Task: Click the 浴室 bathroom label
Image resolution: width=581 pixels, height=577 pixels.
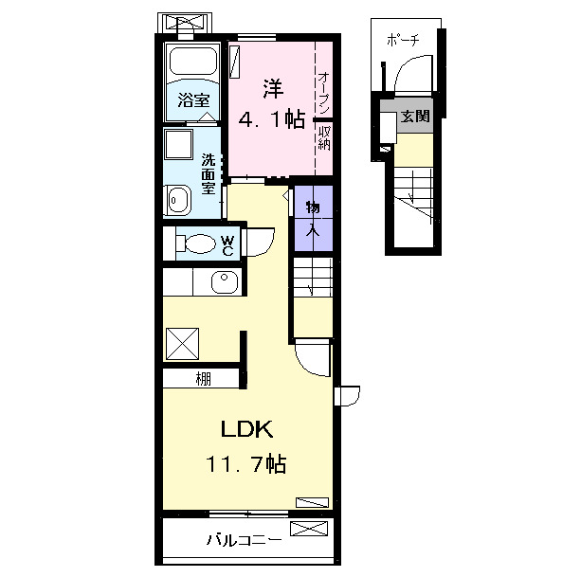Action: [193, 100]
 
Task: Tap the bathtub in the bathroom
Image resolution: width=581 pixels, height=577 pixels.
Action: [192, 61]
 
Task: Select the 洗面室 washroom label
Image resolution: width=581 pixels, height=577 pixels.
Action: [208, 173]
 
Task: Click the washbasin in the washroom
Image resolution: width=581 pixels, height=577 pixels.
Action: [178, 200]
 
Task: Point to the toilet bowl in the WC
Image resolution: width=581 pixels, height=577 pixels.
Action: [200, 243]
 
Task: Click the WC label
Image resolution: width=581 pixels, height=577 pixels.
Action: [227, 245]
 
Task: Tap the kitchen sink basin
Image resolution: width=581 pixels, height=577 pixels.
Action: [225, 281]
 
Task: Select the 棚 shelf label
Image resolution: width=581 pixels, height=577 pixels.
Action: [204, 379]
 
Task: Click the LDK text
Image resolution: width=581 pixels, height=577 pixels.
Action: [246, 429]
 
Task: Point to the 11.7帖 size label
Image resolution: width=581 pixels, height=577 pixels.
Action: [246, 463]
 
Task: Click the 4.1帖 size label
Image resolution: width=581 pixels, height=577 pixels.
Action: [272, 119]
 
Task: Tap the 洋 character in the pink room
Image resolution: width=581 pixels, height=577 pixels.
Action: [273, 89]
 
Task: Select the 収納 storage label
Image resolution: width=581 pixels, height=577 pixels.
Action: [324, 137]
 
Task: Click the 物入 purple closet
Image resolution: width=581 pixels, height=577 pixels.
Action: [314, 219]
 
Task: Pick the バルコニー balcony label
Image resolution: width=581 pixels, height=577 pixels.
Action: [244, 540]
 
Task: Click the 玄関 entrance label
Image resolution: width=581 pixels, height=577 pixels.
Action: [415, 116]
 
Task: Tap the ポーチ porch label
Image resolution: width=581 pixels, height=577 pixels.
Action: [403, 39]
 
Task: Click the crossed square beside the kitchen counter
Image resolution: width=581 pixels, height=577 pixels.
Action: [182, 344]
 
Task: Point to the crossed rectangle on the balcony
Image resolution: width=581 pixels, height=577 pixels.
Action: [309, 529]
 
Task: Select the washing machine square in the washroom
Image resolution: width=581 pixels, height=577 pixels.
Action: [178, 144]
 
